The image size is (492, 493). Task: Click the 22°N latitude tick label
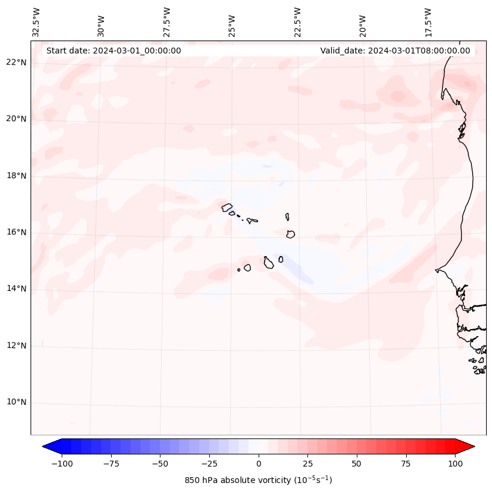(16, 62)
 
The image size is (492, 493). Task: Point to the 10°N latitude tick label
(16, 403)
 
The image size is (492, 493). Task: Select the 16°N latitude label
(16, 232)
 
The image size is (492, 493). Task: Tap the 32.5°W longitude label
(36, 22)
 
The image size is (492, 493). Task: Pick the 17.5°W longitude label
(428, 22)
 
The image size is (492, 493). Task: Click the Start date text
(113, 51)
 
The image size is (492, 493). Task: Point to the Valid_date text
(395, 51)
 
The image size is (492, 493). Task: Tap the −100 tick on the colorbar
(62, 464)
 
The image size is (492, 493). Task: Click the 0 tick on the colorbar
(259, 464)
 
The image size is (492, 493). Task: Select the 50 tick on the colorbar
(357, 464)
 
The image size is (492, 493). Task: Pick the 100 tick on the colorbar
(455, 464)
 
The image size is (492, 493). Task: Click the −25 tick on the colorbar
(209, 464)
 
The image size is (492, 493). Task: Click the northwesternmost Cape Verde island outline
(227, 207)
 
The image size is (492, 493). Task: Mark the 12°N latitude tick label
(16, 346)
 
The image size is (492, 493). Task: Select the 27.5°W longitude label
(167, 22)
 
